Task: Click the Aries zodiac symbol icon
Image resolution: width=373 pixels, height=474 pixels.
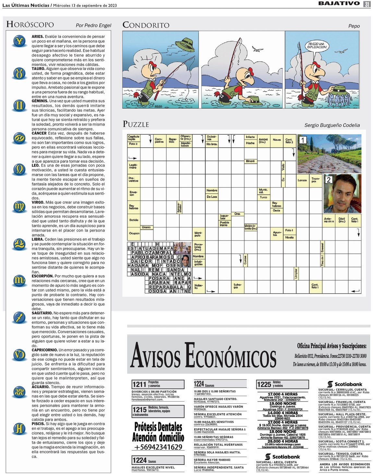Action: [x=20, y=41]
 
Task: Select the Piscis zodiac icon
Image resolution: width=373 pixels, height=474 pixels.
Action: [x=19, y=429]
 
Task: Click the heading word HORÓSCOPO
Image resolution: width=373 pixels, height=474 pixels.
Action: [x=30, y=24]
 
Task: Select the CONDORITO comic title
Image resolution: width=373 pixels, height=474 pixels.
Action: [x=146, y=25]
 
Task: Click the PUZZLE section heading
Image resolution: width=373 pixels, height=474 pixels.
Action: [x=136, y=124]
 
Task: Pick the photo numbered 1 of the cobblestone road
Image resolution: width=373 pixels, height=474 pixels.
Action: [x=329, y=154]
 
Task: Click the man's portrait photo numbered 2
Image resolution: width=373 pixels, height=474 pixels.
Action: [x=342, y=194]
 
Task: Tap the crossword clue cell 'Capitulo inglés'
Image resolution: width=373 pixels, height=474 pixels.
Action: [x=133, y=138]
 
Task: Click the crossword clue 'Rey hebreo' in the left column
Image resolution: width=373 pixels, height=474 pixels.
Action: [x=133, y=207]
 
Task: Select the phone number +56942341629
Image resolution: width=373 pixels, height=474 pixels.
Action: [x=158, y=447]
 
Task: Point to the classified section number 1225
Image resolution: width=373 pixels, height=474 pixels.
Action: [x=264, y=384]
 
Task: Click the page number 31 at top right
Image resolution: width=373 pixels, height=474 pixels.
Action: [x=367, y=4]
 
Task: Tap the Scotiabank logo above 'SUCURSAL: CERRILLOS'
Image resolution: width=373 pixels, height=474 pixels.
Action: [x=344, y=384]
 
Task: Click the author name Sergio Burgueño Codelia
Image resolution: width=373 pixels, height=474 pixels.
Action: [x=332, y=125]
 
